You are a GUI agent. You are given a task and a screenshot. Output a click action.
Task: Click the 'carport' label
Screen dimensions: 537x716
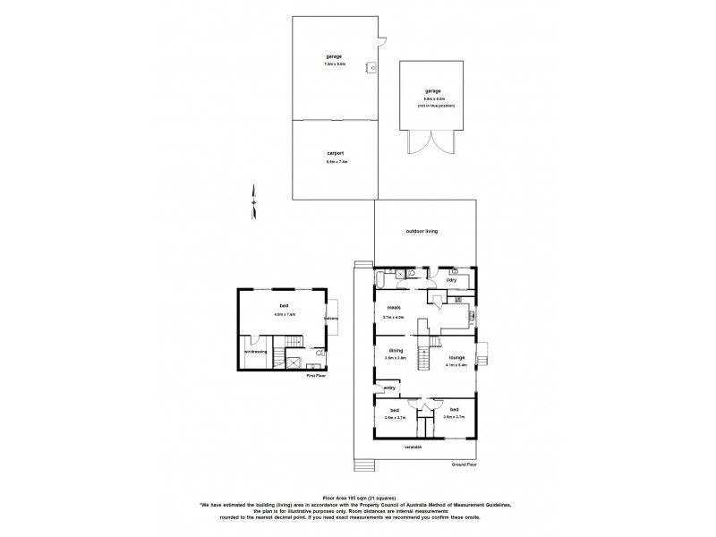coord(336,153)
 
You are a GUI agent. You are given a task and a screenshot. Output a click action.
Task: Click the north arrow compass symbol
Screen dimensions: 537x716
coord(254,201)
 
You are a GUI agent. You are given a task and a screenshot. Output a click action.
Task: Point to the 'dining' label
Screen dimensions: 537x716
coord(395,350)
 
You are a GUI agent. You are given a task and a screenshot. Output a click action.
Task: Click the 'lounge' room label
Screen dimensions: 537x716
coord(456,357)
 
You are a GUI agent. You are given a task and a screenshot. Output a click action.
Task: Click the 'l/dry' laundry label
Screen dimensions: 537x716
coord(453,280)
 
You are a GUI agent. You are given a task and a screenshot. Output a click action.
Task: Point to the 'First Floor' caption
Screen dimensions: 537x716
coord(314,376)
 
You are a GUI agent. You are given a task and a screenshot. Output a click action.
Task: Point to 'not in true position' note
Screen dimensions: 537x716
coord(436,106)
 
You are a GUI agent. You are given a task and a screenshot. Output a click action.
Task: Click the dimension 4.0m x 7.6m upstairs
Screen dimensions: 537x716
coord(285,314)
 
